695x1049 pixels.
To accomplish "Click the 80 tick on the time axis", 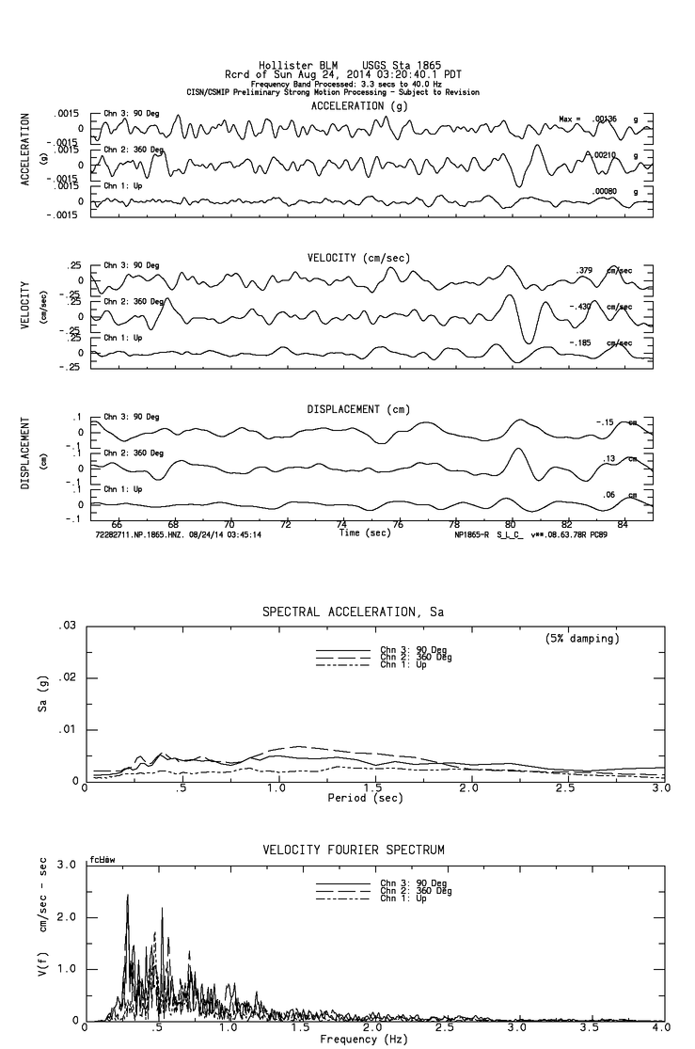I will tap(511, 524).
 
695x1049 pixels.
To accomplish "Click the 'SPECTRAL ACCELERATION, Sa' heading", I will tap(353, 612).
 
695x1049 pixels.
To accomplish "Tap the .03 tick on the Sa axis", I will tap(67, 626).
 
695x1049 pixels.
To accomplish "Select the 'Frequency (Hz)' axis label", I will tap(366, 1040).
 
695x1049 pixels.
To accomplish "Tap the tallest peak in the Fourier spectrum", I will tap(127, 897).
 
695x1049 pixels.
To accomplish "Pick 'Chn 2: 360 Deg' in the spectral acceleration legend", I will tap(416, 657).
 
